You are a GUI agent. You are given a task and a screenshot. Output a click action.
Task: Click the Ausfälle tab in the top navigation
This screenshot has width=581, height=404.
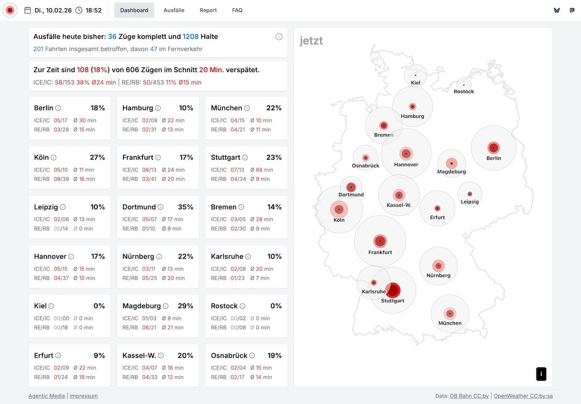[x=174, y=10]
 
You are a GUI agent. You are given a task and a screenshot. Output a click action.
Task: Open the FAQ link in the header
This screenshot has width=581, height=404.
[x=237, y=10]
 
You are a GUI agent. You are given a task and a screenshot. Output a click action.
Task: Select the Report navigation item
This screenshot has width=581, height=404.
[x=208, y=10]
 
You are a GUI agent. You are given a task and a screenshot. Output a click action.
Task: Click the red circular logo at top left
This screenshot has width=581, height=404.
[x=10, y=10]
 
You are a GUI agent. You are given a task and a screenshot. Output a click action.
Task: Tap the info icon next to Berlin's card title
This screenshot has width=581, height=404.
[x=58, y=109]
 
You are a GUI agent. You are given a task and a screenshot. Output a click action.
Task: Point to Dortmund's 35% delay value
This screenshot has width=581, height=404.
[x=185, y=207]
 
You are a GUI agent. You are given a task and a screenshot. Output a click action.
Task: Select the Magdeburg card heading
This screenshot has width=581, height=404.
[x=141, y=306]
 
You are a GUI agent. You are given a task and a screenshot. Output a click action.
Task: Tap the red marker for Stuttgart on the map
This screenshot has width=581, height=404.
[x=393, y=290]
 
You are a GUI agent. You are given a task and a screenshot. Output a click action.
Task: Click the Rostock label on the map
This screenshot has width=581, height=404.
[x=464, y=92]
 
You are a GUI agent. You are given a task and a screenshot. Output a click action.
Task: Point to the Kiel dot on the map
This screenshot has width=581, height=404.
[x=415, y=75]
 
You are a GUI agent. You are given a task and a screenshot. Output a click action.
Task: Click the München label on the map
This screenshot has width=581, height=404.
[x=450, y=323]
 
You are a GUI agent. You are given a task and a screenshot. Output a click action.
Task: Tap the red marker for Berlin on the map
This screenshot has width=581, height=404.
[x=493, y=148]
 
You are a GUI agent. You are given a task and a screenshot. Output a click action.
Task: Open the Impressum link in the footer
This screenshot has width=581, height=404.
[x=84, y=396]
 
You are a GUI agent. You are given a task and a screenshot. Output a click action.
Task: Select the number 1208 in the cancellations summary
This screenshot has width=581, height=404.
[x=191, y=36]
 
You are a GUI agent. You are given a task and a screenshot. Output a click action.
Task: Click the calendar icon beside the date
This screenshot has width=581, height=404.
[x=28, y=10]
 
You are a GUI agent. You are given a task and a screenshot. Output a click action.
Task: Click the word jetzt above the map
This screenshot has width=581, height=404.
[x=311, y=41]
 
